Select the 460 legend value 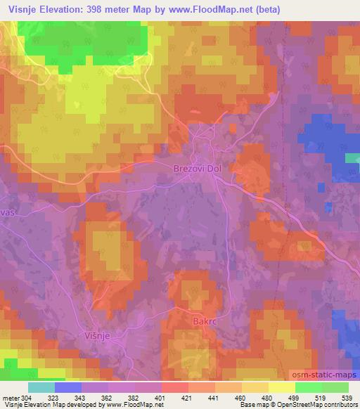point(240,397)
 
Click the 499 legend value point(293,397)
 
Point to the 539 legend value point(345,397)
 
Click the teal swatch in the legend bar point(41,387)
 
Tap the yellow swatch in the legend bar point(281,387)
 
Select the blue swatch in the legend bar point(68,387)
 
